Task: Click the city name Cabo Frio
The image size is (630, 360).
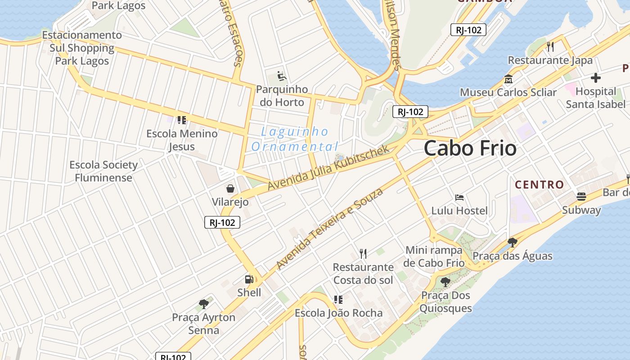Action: coord(470,148)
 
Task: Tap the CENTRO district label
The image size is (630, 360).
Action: coord(539,184)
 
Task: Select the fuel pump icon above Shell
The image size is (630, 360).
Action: coord(249,279)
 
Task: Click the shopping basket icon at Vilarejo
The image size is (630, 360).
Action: coord(230,188)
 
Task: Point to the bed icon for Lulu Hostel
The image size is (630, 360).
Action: coord(459,197)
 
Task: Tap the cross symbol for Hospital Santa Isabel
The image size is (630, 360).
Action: coord(596,78)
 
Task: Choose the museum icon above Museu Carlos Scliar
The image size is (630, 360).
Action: coord(508,79)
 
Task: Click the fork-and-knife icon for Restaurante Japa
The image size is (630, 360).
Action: coord(549,46)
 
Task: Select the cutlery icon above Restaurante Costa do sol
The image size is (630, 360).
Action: coord(363,254)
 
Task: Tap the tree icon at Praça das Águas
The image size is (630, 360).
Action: coord(512,243)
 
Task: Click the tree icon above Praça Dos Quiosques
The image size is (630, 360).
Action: coord(445,282)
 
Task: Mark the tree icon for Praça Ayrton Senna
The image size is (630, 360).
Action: coord(204,304)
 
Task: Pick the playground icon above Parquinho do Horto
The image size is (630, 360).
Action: coord(282,76)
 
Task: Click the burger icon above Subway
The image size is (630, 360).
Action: coord(581,197)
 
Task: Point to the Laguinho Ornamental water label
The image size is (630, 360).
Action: coord(295,139)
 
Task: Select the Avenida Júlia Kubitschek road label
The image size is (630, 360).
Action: coord(328,168)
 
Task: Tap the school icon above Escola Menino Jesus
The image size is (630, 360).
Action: coord(182,120)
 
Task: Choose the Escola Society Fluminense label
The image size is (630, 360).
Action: coord(103,171)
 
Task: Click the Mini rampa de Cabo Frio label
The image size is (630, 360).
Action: coord(434,256)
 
